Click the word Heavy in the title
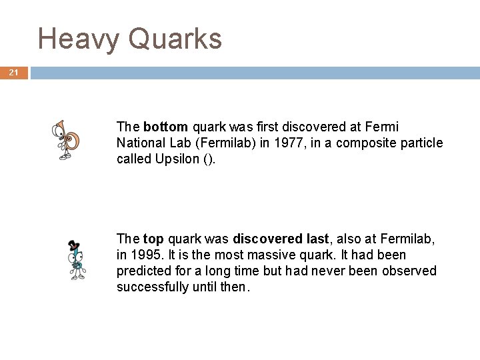[79, 39]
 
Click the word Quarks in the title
[175, 39]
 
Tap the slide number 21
[14, 73]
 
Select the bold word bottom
[166, 127]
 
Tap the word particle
[421, 143]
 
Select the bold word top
[154, 239]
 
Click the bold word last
[316, 239]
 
